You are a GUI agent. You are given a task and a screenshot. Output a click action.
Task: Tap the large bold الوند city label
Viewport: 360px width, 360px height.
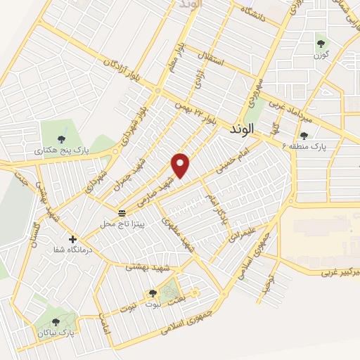(245, 131)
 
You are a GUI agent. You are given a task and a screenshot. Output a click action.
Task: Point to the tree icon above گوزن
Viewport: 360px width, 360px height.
(321, 44)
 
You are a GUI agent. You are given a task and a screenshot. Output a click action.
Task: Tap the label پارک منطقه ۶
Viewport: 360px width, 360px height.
(310, 146)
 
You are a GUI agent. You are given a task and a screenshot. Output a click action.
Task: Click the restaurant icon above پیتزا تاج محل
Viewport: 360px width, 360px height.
(122, 212)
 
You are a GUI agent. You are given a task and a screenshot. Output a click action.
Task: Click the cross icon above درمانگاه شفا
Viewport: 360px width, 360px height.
(73, 239)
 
